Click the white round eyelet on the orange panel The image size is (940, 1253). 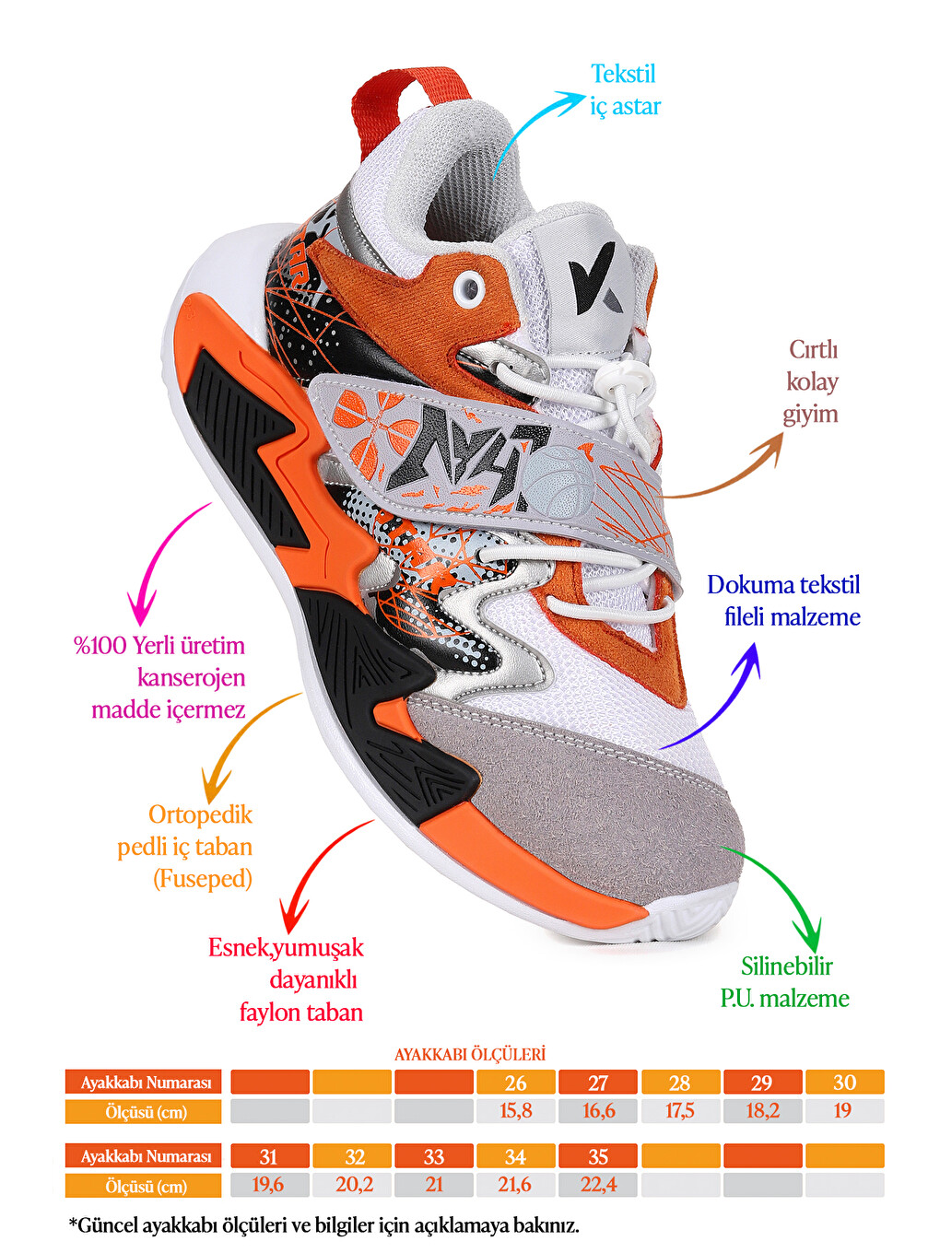tap(468, 286)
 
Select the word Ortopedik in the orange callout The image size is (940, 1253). tap(200, 814)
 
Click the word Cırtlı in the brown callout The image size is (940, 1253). tap(813, 349)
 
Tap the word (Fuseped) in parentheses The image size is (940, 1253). tap(203, 879)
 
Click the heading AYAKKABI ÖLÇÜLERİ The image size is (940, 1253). tap(470, 1054)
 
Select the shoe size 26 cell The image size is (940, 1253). tap(515, 1083)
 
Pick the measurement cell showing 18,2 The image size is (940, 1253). tap(762, 1111)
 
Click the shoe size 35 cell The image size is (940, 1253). tap(597, 1156)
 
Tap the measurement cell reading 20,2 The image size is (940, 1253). tap(351, 1185)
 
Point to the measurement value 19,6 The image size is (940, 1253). tap(268, 1185)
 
